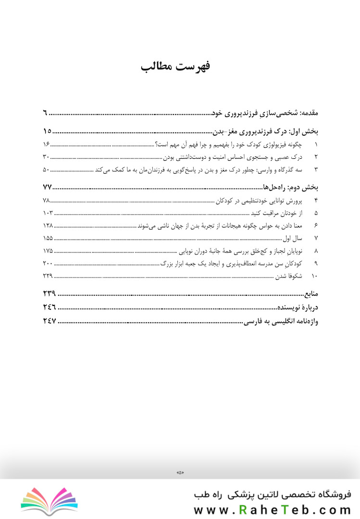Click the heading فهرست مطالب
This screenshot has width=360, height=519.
pos(175,67)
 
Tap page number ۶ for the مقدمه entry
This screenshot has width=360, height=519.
pos(45,114)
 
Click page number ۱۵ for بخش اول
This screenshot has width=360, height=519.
pos(47,132)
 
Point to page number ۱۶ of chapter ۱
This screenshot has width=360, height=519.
pos(47,144)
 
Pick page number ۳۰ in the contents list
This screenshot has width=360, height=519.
pos(47,157)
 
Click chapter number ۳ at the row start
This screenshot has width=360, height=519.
pos(316,169)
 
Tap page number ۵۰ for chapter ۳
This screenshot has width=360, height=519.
pos(47,169)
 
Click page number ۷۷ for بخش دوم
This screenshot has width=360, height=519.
pos(47,188)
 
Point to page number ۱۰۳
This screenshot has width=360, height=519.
pos(47,213)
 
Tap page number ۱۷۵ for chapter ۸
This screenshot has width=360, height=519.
pos(47,251)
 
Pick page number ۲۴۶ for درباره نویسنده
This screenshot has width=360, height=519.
pos(49,307)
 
